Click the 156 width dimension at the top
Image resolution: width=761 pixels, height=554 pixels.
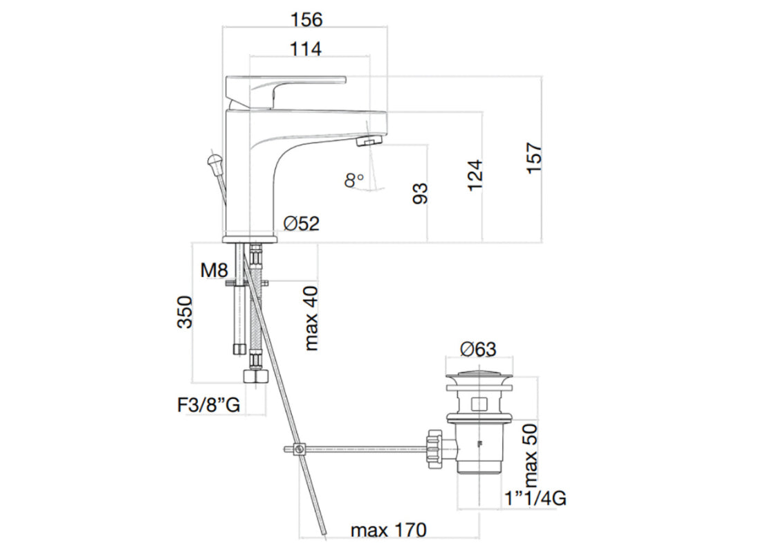[306, 19]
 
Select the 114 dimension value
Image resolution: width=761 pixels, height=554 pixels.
[306, 48]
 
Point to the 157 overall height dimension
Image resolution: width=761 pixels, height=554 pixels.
[534, 158]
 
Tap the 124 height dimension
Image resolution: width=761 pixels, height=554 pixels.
[475, 175]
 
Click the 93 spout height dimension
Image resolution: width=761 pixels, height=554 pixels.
[420, 193]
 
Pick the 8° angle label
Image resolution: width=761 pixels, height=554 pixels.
[354, 180]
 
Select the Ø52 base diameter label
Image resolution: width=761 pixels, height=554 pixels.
[302, 224]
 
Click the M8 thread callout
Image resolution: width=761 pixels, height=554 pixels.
[214, 270]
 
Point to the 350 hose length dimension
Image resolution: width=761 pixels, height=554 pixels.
[185, 312]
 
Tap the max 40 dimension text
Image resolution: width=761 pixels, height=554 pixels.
[311, 319]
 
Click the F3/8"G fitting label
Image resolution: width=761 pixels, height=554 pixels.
[209, 405]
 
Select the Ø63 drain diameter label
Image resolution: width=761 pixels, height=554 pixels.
[479, 349]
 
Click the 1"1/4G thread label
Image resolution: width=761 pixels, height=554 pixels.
[535, 499]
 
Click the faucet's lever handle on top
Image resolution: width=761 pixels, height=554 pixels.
[286, 91]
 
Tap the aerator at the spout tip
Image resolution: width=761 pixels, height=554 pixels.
[370, 141]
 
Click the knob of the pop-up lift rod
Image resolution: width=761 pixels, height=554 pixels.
[214, 161]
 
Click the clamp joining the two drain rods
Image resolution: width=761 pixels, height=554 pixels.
[300, 449]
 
